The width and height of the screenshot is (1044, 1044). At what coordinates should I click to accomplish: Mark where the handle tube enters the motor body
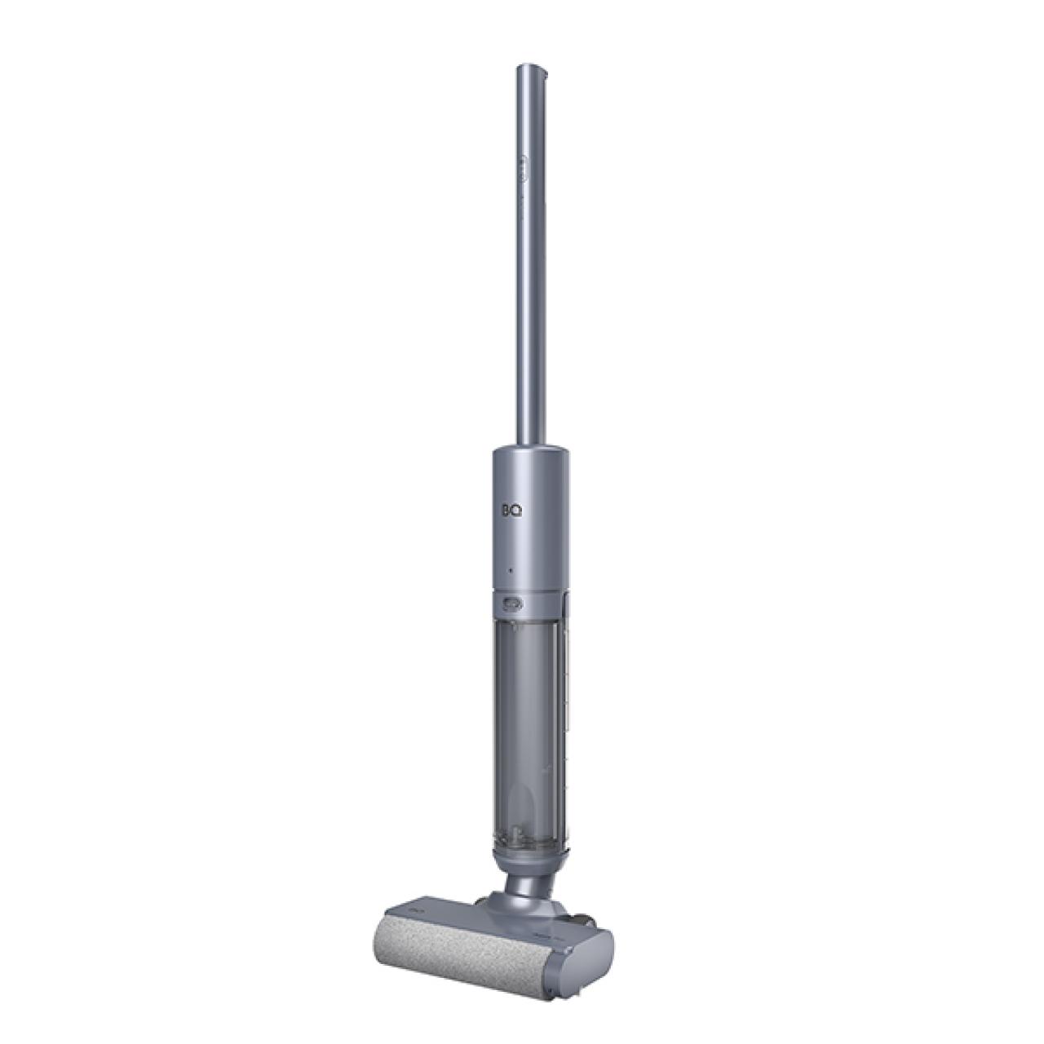[530, 449]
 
